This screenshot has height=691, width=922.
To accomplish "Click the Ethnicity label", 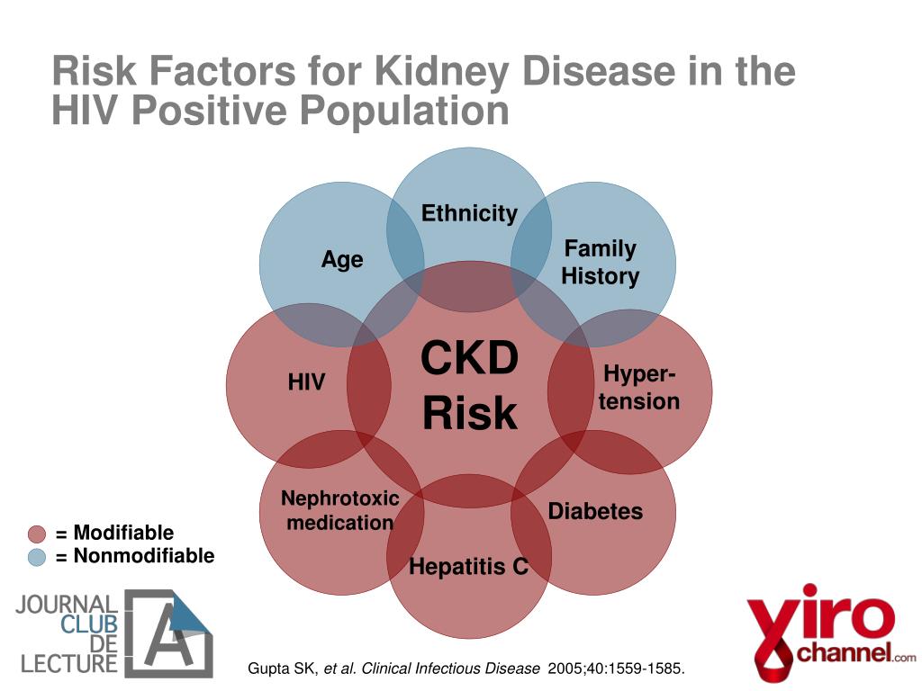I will point(469,213).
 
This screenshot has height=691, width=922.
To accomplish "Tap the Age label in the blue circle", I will point(342,260).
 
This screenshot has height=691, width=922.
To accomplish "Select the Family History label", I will point(600,262).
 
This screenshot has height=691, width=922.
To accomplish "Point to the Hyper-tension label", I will point(639,388).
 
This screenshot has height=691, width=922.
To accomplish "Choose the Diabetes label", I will point(595,512).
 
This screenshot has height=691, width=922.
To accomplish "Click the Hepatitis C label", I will point(468,567).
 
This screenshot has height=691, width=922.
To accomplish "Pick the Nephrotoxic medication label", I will point(339,510).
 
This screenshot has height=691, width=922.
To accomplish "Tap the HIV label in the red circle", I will point(306,382).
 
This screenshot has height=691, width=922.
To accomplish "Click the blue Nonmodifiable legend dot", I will point(37,557).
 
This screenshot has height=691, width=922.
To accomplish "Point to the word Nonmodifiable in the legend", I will point(143,556).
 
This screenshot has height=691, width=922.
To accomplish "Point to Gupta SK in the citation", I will point(281,669).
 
